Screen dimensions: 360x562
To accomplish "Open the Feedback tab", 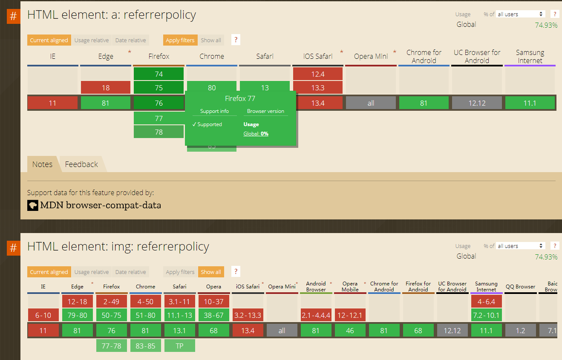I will point(81,164).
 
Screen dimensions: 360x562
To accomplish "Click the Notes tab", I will point(42,164).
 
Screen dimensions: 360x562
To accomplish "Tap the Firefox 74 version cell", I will point(159,74).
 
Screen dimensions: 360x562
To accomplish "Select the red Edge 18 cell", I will point(106,88).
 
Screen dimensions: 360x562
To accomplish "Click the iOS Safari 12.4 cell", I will point(318,74).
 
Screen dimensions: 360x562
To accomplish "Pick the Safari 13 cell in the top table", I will point(265,88).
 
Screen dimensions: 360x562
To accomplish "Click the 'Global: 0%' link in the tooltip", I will point(256,134).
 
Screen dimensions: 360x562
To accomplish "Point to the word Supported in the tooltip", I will point(210,124).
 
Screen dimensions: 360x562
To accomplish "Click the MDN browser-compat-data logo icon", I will point(33,205).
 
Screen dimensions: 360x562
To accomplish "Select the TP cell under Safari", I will point(179,346).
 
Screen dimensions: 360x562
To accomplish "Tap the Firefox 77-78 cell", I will point(112,346).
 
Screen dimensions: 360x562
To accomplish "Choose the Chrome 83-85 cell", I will point(146,346).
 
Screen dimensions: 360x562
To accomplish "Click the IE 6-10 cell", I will point(43,315).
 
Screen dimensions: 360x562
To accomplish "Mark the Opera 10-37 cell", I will point(213,302).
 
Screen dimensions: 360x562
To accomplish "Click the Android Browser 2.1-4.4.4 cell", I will point(316,315).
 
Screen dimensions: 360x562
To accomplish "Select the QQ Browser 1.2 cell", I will point(520,331).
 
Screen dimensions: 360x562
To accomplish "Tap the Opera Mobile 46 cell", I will point(350,331).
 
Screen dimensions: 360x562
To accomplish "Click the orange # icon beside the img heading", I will point(14,248).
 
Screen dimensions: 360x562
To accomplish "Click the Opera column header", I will point(213,287).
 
